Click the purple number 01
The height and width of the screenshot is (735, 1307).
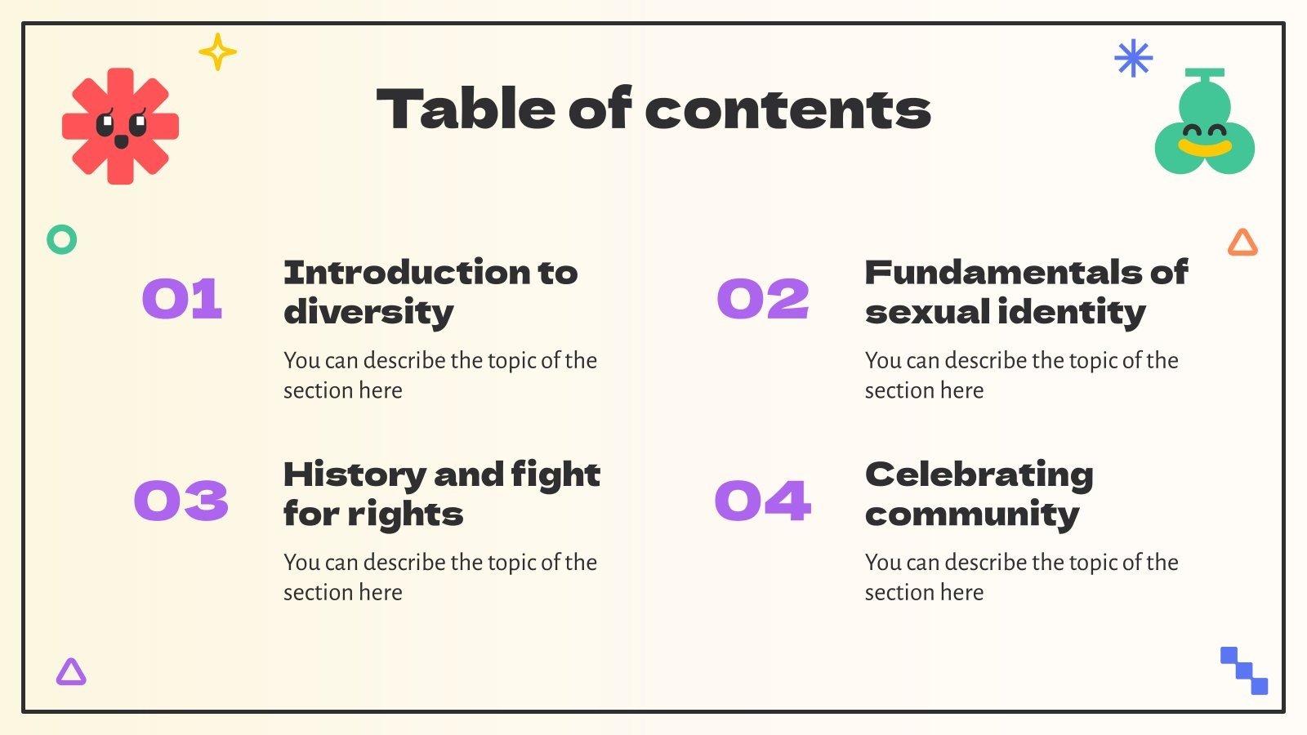coord(182,298)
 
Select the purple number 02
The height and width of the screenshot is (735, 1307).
coord(763,298)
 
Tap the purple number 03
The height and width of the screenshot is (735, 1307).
coord(181,500)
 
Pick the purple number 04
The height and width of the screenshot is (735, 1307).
coord(763,500)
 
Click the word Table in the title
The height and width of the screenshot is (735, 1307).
coord(464,109)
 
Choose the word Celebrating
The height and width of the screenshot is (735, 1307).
coord(979,474)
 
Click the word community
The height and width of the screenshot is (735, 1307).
coord(972,514)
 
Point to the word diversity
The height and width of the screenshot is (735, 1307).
coord(368,312)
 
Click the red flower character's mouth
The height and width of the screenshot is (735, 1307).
coord(121,142)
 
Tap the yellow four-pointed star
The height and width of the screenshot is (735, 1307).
coord(217,52)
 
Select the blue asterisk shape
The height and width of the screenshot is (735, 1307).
coord(1133,58)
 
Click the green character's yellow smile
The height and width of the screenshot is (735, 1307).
coord(1205,148)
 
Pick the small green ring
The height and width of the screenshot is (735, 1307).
coord(62,239)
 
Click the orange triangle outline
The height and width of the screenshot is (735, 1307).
coord(1242,243)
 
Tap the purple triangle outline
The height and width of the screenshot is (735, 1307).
coord(71,672)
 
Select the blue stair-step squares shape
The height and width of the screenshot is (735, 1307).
coord(1244,670)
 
